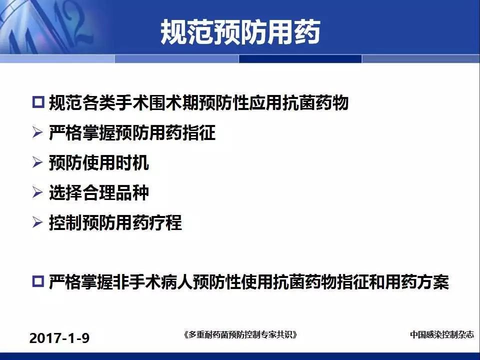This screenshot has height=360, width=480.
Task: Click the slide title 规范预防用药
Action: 240,32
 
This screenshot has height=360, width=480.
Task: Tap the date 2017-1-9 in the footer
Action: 59,338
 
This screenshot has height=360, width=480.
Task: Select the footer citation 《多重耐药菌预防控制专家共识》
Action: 240,334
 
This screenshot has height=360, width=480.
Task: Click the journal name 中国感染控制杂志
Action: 441,334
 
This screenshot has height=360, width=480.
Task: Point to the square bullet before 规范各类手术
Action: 38,102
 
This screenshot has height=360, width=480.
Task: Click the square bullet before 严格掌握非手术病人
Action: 38,281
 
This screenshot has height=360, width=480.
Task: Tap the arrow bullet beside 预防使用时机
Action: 37,162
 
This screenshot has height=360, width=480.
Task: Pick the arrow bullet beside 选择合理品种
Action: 37,192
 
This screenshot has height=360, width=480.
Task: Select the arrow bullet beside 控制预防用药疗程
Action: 37,222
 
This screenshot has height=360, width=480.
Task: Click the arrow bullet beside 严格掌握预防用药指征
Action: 37,132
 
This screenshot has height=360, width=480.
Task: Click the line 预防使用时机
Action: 99,162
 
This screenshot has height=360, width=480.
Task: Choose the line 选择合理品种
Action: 99,192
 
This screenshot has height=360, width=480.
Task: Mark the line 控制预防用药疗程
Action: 115,222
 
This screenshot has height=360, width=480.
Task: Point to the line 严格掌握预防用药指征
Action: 132,132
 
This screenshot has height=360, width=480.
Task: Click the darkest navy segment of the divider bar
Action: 300,59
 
